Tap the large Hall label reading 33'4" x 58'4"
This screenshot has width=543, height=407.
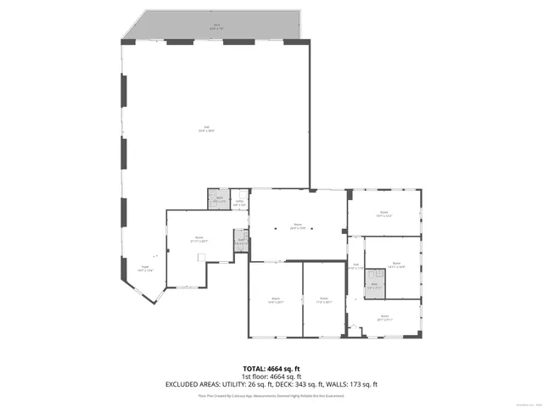tap(206, 129)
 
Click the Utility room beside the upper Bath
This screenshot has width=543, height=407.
tap(239, 203)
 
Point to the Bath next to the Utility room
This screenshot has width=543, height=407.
tap(219, 200)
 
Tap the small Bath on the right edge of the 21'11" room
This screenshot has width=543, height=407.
tap(241, 242)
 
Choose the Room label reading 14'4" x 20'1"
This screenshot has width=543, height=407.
tap(275, 299)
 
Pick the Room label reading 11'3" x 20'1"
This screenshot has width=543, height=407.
tap(323, 299)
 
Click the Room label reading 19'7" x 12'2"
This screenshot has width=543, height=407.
tap(383, 214)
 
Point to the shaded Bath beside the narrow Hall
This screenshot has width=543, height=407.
tap(373, 286)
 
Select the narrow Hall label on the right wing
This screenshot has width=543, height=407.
tap(356, 267)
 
